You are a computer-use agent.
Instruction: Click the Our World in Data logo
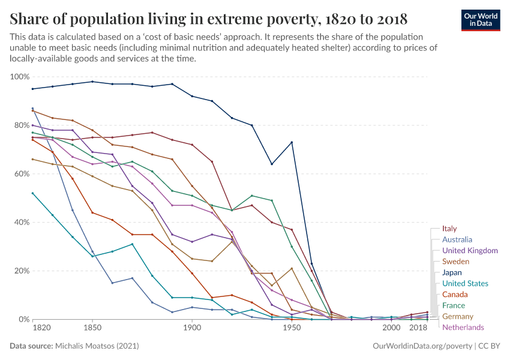pyautogui.click(x=480, y=20)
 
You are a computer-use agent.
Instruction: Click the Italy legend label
pyautogui.click(x=449, y=229)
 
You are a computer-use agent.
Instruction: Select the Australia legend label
pyautogui.click(x=457, y=239)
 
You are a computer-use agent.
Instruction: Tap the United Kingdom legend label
pyautogui.click(x=470, y=250)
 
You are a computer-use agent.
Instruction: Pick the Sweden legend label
pyautogui.click(x=455, y=262)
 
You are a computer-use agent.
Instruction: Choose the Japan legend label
pyautogui.click(x=452, y=272)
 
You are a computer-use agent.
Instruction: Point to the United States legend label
pyautogui.click(x=465, y=283)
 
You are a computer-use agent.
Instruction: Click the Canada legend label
pyautogui.click(x=454, y=294)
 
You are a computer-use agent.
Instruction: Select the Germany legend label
pyautogui.click(x=458, y=316)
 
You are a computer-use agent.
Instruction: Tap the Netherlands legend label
pyautogui.click(x=463, y=327)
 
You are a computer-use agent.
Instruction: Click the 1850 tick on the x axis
pyautogui.click(x=92, y=328)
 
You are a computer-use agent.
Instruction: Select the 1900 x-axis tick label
pyautogui.click(x=192, y=328)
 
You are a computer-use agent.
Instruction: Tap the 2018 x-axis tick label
pyautogui.click(x=417, y=328)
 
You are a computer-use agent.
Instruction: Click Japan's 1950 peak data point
pyautogui.click(x=292, y=142)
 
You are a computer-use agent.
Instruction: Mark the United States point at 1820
pyautogui.click(x=32, y=193)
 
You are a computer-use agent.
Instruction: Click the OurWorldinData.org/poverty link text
pyautogui.click(x=422, y=346)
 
